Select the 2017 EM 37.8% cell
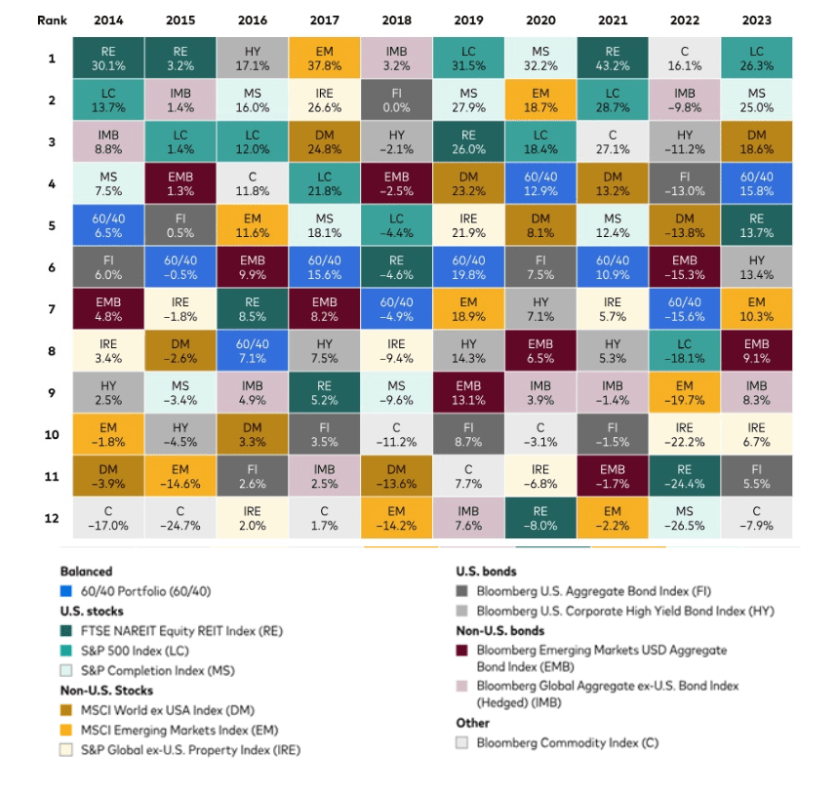point(323,59)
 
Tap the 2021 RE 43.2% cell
point(613,59)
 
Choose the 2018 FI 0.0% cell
point(395,100)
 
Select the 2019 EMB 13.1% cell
point(468,393)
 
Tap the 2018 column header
point(395,20)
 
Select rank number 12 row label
point(53,518)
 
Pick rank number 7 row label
point(53,309)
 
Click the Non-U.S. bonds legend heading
point(498,630)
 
